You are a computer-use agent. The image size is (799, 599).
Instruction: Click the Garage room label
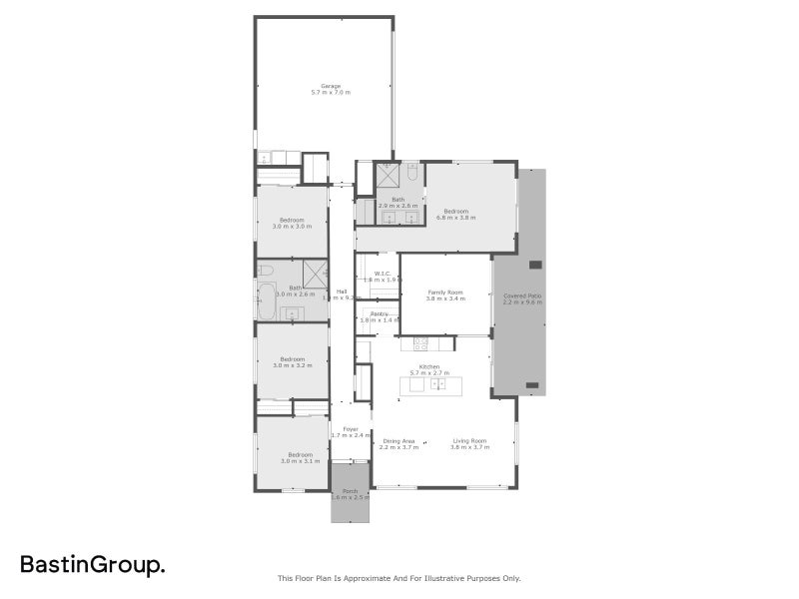[x=331, y=86]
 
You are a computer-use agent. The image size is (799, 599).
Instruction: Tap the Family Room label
[x=445, y=291]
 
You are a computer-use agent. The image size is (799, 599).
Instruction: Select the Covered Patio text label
[x=522, y=296]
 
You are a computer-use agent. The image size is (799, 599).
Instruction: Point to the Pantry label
[x=379, y=313]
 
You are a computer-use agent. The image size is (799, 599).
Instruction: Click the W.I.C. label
[x=382, y=273]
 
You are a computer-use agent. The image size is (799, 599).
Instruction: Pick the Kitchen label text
[x=429, y=366]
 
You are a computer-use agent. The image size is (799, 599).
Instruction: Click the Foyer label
[x=350, y=429]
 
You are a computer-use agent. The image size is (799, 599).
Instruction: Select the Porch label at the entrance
[x=350, y=491]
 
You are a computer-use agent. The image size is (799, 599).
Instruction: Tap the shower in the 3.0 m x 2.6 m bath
[x=315, y=274]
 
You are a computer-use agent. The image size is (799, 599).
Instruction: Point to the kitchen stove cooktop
[x=420, y=344]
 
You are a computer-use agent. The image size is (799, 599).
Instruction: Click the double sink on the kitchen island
[x=437, y=384]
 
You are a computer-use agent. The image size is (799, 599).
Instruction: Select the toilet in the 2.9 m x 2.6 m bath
[x=411, y=174]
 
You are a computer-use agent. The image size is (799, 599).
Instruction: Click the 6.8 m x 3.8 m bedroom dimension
[x=456, y=218]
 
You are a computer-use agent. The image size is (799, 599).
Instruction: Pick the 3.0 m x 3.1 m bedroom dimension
[x=292, y=462]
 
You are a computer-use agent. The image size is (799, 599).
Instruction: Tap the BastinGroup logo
[x=93, y=566]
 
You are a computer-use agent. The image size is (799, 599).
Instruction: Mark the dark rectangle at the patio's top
[x=534, y=265]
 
